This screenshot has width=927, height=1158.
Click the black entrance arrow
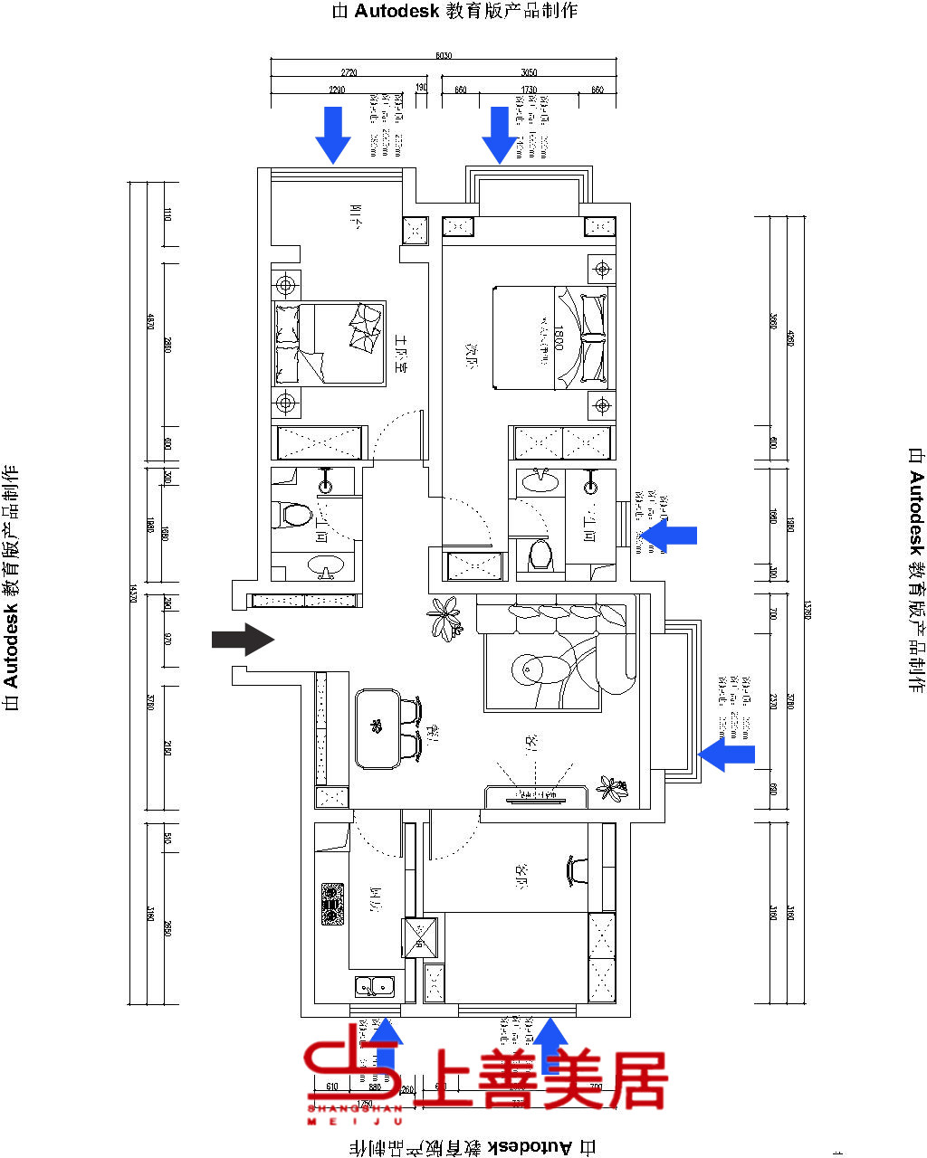point(243,640)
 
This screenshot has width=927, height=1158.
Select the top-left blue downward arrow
point(333,134)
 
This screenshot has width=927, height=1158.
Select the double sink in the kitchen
point(373,986)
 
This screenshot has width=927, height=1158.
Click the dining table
point(378,728)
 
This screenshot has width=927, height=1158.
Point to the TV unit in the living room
point(537,796)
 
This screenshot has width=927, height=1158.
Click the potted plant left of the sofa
point(444,619)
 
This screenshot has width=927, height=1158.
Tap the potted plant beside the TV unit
point(613,788)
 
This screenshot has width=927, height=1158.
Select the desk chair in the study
point(577,870)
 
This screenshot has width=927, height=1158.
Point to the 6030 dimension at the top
point(444,56)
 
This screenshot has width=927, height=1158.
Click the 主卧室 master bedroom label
point(401,353)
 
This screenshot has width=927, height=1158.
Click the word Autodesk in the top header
point(397,11)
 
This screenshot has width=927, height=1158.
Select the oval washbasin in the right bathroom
point(540,479)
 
